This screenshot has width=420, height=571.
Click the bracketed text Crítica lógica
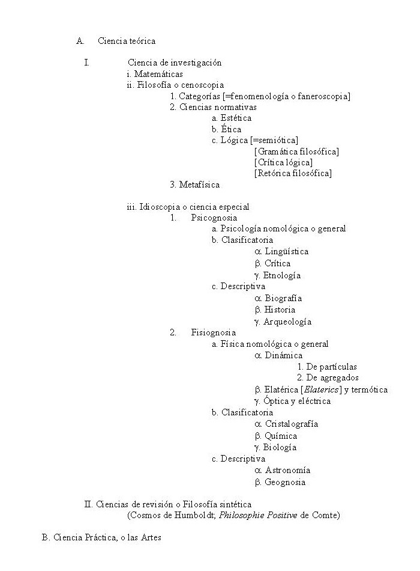click(283, 162)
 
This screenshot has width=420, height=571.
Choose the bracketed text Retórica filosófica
click(293, 174)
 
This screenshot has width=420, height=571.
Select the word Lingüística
click(286, 252)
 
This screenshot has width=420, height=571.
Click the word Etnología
click(282, 275)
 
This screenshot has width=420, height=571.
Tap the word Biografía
click(283, 298)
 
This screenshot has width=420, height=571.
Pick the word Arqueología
click(287, 322)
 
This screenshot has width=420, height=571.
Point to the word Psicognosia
click(214, 218)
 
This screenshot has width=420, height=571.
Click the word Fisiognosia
click(213, 332)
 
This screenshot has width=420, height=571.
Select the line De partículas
click(331, 367)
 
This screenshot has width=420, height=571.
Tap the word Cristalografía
click(291, 424)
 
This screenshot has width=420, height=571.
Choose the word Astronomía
click(287, 470)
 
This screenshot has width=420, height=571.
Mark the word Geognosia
click(285, 482)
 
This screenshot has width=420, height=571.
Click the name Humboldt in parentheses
click(190, 516)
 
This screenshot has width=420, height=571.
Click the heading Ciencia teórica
click(127, 41)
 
